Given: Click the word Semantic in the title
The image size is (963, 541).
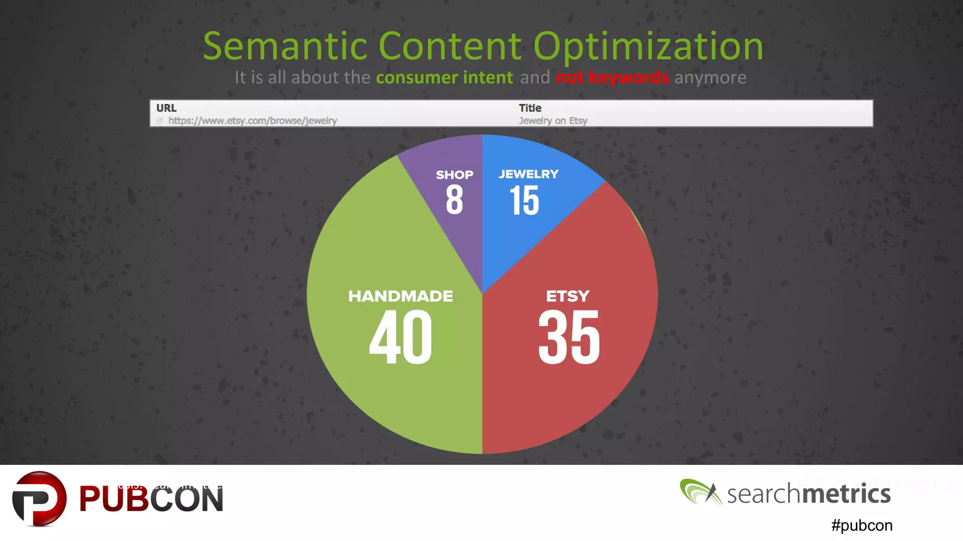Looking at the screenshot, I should coord(285,46).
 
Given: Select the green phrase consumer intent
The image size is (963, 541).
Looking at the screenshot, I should coord(444,77).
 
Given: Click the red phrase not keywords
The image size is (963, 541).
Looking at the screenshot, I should coord(612,77).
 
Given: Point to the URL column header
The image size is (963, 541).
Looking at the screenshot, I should coord(166,108).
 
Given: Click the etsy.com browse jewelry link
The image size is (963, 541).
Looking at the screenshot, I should coord(253,121).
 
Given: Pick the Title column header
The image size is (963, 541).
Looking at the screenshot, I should coord(530,108).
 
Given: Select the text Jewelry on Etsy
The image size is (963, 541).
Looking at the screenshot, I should coord(553,121).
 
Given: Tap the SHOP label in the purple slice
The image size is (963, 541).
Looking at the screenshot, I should coord(454,175).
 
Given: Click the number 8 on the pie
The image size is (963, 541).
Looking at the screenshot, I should coord(454,200).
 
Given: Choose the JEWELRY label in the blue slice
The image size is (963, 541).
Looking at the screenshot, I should coord(529,174).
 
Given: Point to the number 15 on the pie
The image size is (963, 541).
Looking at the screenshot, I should coord(524,201).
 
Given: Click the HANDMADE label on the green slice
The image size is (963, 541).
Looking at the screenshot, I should coord(401,296).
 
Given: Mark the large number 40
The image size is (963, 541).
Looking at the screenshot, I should coord(401,337).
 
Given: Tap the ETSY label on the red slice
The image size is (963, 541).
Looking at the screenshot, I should coord(568,296).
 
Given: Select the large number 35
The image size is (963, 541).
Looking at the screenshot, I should coord(569,337).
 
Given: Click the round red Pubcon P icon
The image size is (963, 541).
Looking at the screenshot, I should coord(39,499).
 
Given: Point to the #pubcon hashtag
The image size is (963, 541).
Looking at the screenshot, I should coord(861,525).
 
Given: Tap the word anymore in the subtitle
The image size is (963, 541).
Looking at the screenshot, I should coord(710,77).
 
